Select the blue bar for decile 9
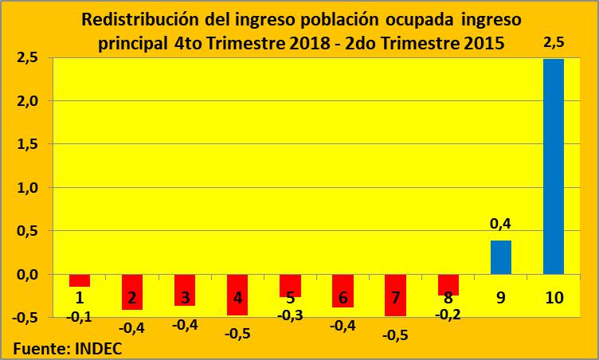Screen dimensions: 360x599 [x=501, y=257]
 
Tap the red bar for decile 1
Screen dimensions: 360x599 [x=80, y=280]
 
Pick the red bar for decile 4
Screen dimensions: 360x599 [x=237, y=295]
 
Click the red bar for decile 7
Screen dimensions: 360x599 [x=395, y=295]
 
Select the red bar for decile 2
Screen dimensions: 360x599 [x=132, y=292]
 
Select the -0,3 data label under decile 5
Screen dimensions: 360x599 [x=290, y=315]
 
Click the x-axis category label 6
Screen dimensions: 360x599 [x=343, y=298]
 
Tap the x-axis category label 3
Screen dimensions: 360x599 [x=185, y=298]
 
